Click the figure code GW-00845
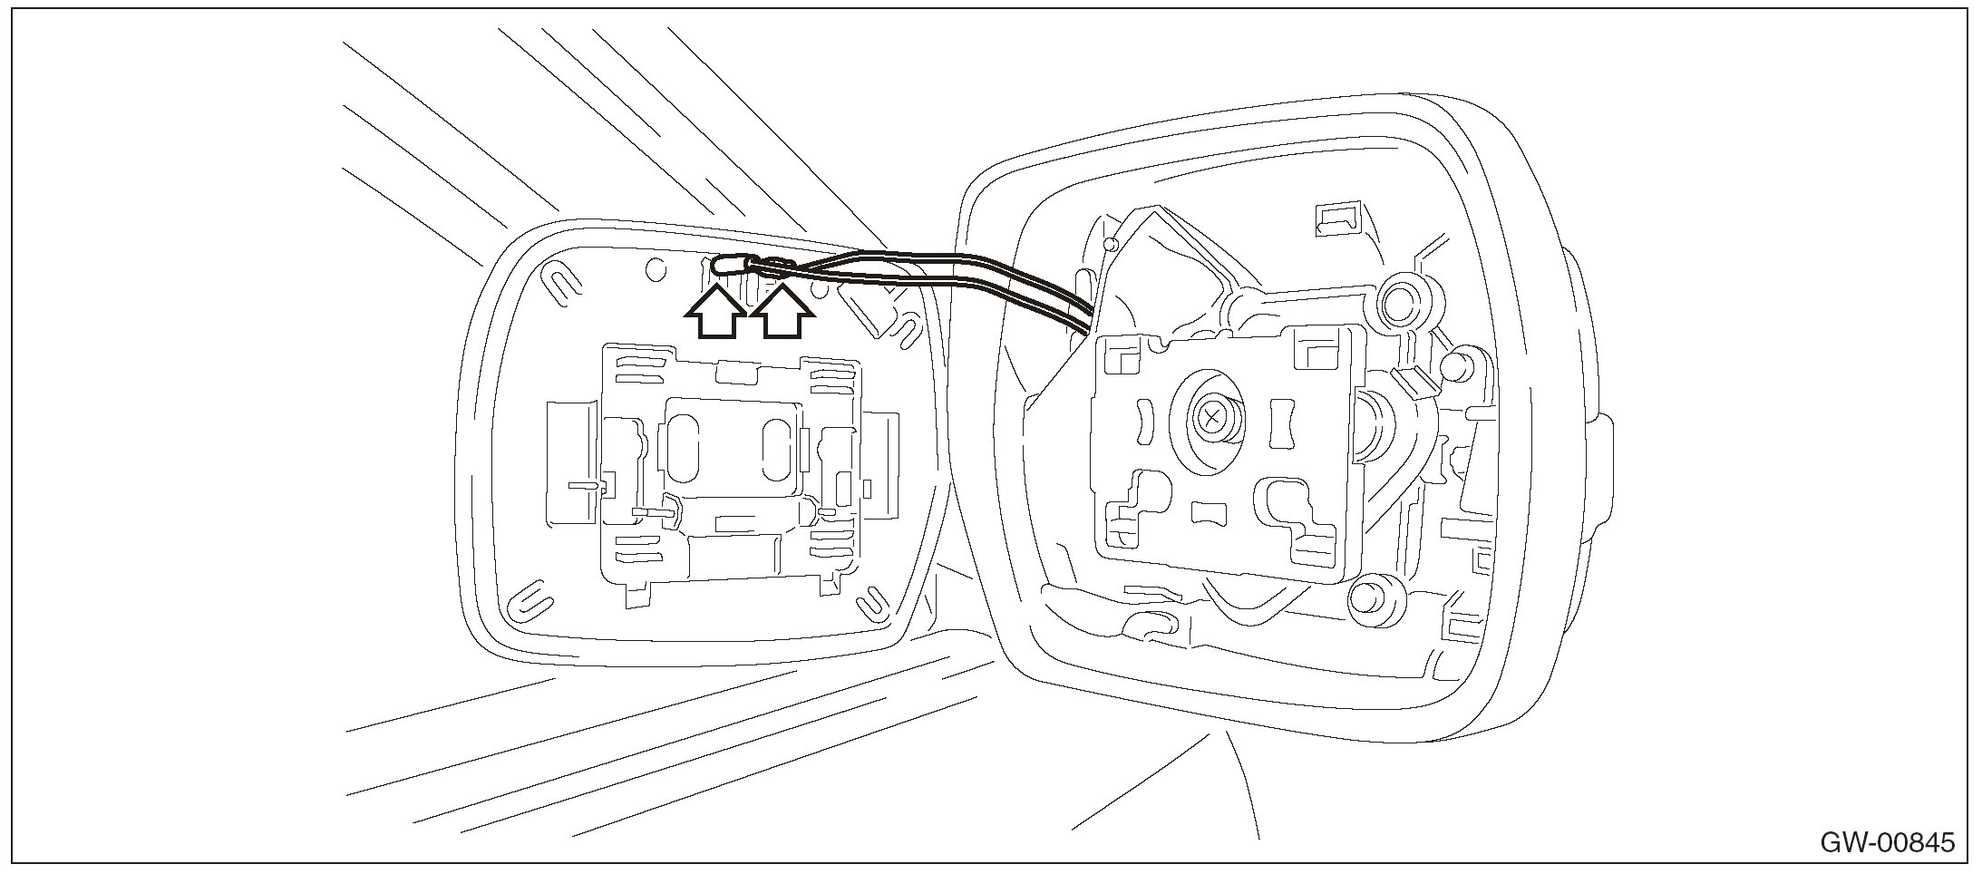tap(1889, 842)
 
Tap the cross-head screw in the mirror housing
tap(1211, 418)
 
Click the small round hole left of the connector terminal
tap(654, 269)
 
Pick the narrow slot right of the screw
tap(1282, 422)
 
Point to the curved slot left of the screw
tap(1142, 423)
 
